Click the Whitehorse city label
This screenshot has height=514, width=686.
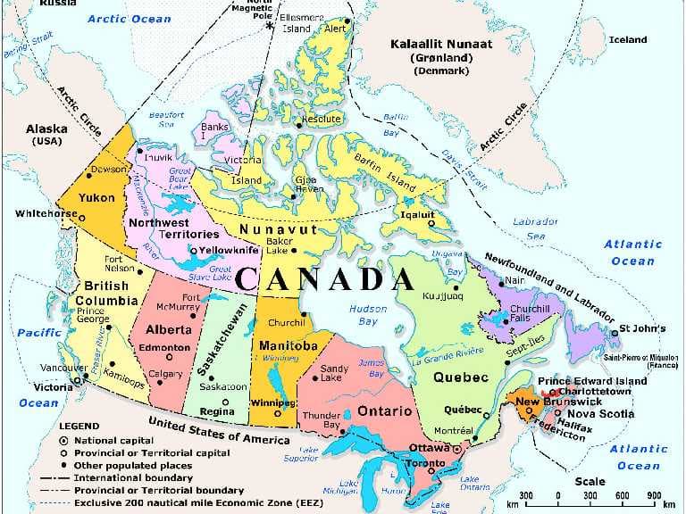[46, 214]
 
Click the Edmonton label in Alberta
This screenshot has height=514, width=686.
[167, 347]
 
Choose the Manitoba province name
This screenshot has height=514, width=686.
[288, 345]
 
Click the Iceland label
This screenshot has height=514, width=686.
[627, 39]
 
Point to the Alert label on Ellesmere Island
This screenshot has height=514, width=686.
[334, 28]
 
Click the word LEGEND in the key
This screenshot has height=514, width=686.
[79, 427]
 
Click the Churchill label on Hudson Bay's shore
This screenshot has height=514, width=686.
[287, 323]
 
